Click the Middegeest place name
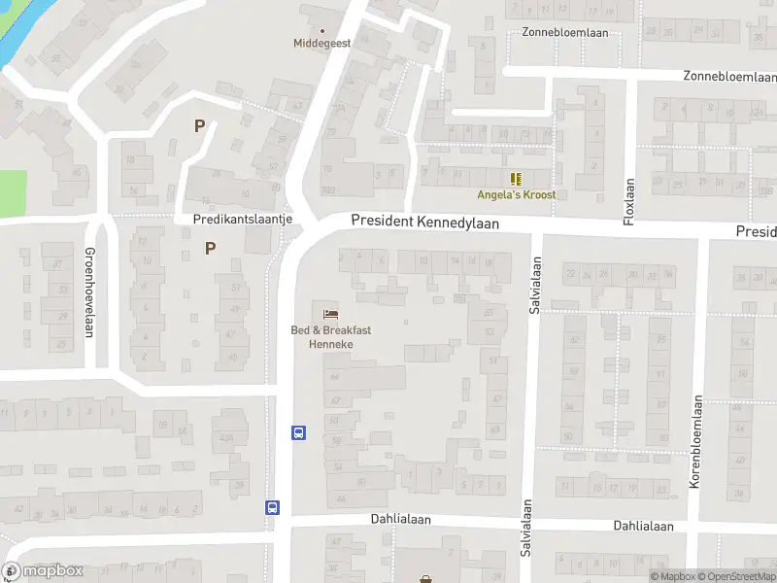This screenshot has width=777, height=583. tap(323, 43)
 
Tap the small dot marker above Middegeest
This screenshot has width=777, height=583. tap(323, 30)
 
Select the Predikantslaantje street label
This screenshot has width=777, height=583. tap(243, 220)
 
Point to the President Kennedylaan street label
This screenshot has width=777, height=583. tap(424, 223)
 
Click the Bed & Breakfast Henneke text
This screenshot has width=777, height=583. tap(330, 337)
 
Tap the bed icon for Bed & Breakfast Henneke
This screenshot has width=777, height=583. tap(330, 314)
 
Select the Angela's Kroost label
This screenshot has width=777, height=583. tap(516, 194)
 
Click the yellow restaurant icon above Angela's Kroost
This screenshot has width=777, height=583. tap(516, 178)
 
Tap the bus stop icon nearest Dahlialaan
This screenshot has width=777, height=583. tap(273, 506)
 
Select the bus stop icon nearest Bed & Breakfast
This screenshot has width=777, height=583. tap(299, 432)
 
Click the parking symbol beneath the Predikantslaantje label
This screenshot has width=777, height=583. tap(210, 248)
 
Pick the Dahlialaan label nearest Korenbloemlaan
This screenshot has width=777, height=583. tap(643, 526)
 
